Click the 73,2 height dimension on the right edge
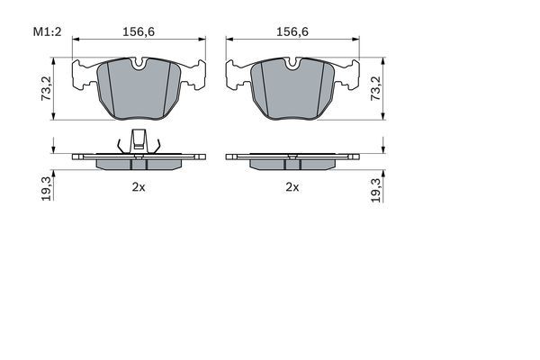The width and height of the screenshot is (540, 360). (376, 87)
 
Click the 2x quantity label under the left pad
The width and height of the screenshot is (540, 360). (138, 188)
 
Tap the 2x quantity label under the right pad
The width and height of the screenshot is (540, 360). (292, 188)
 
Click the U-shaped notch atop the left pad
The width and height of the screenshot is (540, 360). (138, 64)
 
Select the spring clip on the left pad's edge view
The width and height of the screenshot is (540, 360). (138, 141)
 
